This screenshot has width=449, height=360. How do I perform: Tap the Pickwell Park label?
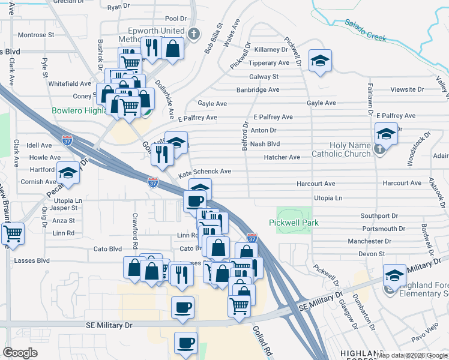[301, 223]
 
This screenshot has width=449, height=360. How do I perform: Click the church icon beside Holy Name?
[379, 150]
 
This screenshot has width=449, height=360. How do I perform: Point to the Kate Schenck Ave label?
[205, 172]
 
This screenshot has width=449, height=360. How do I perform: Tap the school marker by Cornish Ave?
[68, 173]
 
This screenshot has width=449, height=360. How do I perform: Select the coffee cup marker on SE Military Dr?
[182, 308]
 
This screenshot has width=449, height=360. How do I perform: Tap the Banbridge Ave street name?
[258, 90]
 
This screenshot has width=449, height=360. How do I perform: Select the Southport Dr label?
[379, 215]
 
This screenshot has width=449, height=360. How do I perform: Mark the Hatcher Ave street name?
[282, 157]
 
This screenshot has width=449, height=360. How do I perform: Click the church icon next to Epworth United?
[193, 34]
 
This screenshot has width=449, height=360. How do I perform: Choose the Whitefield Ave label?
[70, 84]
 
